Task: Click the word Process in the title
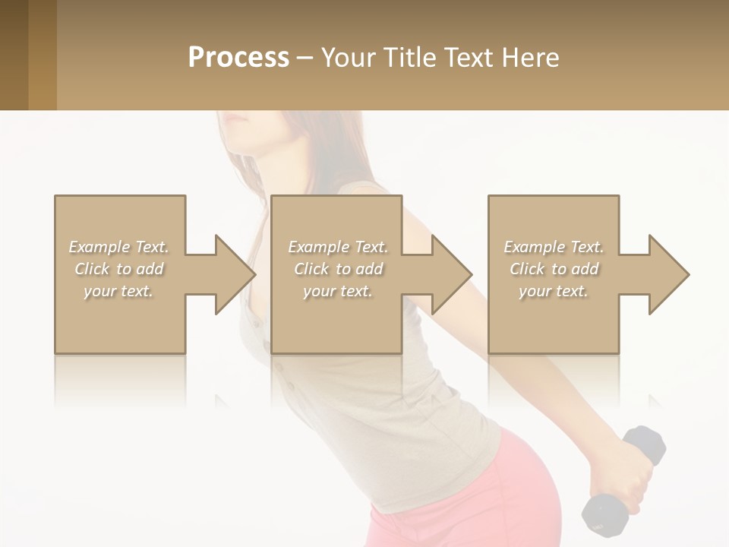click(x=238, y=58)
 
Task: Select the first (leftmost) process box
click(x=120, y=319)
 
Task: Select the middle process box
click(x=336, y=319)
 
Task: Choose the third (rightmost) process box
click(x=554, y=319)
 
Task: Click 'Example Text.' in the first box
click(x=119, y=247)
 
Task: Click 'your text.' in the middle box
click(x=337, y=291)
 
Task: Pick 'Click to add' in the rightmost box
click(x=554, y=269)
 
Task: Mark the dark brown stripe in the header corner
click(x=14, y=55)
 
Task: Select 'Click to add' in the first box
click(x=119, y=269)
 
